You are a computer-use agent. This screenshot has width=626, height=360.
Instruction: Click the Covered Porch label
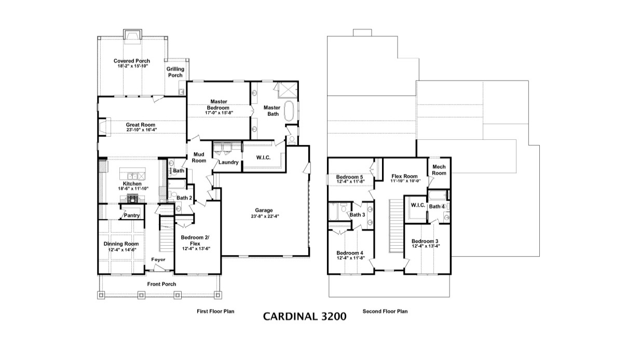pyautogui.click(x=132, y=61)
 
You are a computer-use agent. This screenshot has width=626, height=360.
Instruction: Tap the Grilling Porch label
pyautogui.click(x=175, y=72)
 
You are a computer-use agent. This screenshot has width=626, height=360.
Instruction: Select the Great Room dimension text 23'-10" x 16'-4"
pyautogui.click(x=141, y=130)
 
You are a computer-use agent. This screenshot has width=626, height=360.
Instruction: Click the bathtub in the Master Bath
pyautogui.click(x=289, y=112)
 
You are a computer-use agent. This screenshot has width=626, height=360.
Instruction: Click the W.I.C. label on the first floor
pyautogui.click(x=265, y=157)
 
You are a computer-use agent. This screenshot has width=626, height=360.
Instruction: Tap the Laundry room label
pyautogui.click(x=228, y=163)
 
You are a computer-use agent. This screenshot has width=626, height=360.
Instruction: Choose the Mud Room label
pyautogui.click(x=199, y=157)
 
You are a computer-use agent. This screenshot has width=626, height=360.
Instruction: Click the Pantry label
pyautogui.click(x=132, y=215)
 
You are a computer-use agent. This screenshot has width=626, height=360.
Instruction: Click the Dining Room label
pyautogui.click(x=121, y=244)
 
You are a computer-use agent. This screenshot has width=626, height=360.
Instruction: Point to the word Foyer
pyautogui.click(x=158, y=259)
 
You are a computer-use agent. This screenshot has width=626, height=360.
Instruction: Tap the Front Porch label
pyautogui.click(x=161, y=284)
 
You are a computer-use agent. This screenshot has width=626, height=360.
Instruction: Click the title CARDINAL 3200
pyautogui.click(x=304, y=315)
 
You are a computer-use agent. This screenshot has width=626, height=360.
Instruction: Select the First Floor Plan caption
pyautogui.click(x=215, y=312)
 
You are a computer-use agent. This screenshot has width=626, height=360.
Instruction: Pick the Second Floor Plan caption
pyautogui.click(x=385, y=312)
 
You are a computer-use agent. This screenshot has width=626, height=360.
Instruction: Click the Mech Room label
pyautogui.click(x=439, y=170)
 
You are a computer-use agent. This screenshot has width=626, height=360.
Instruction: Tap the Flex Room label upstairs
pyautogui.click(x=404, y=176)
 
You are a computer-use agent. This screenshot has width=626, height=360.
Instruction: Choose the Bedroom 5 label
pyautogui.click(x=350, y=177)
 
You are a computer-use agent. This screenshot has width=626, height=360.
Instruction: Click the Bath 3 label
pyautogui.click(x=357, y=215)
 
